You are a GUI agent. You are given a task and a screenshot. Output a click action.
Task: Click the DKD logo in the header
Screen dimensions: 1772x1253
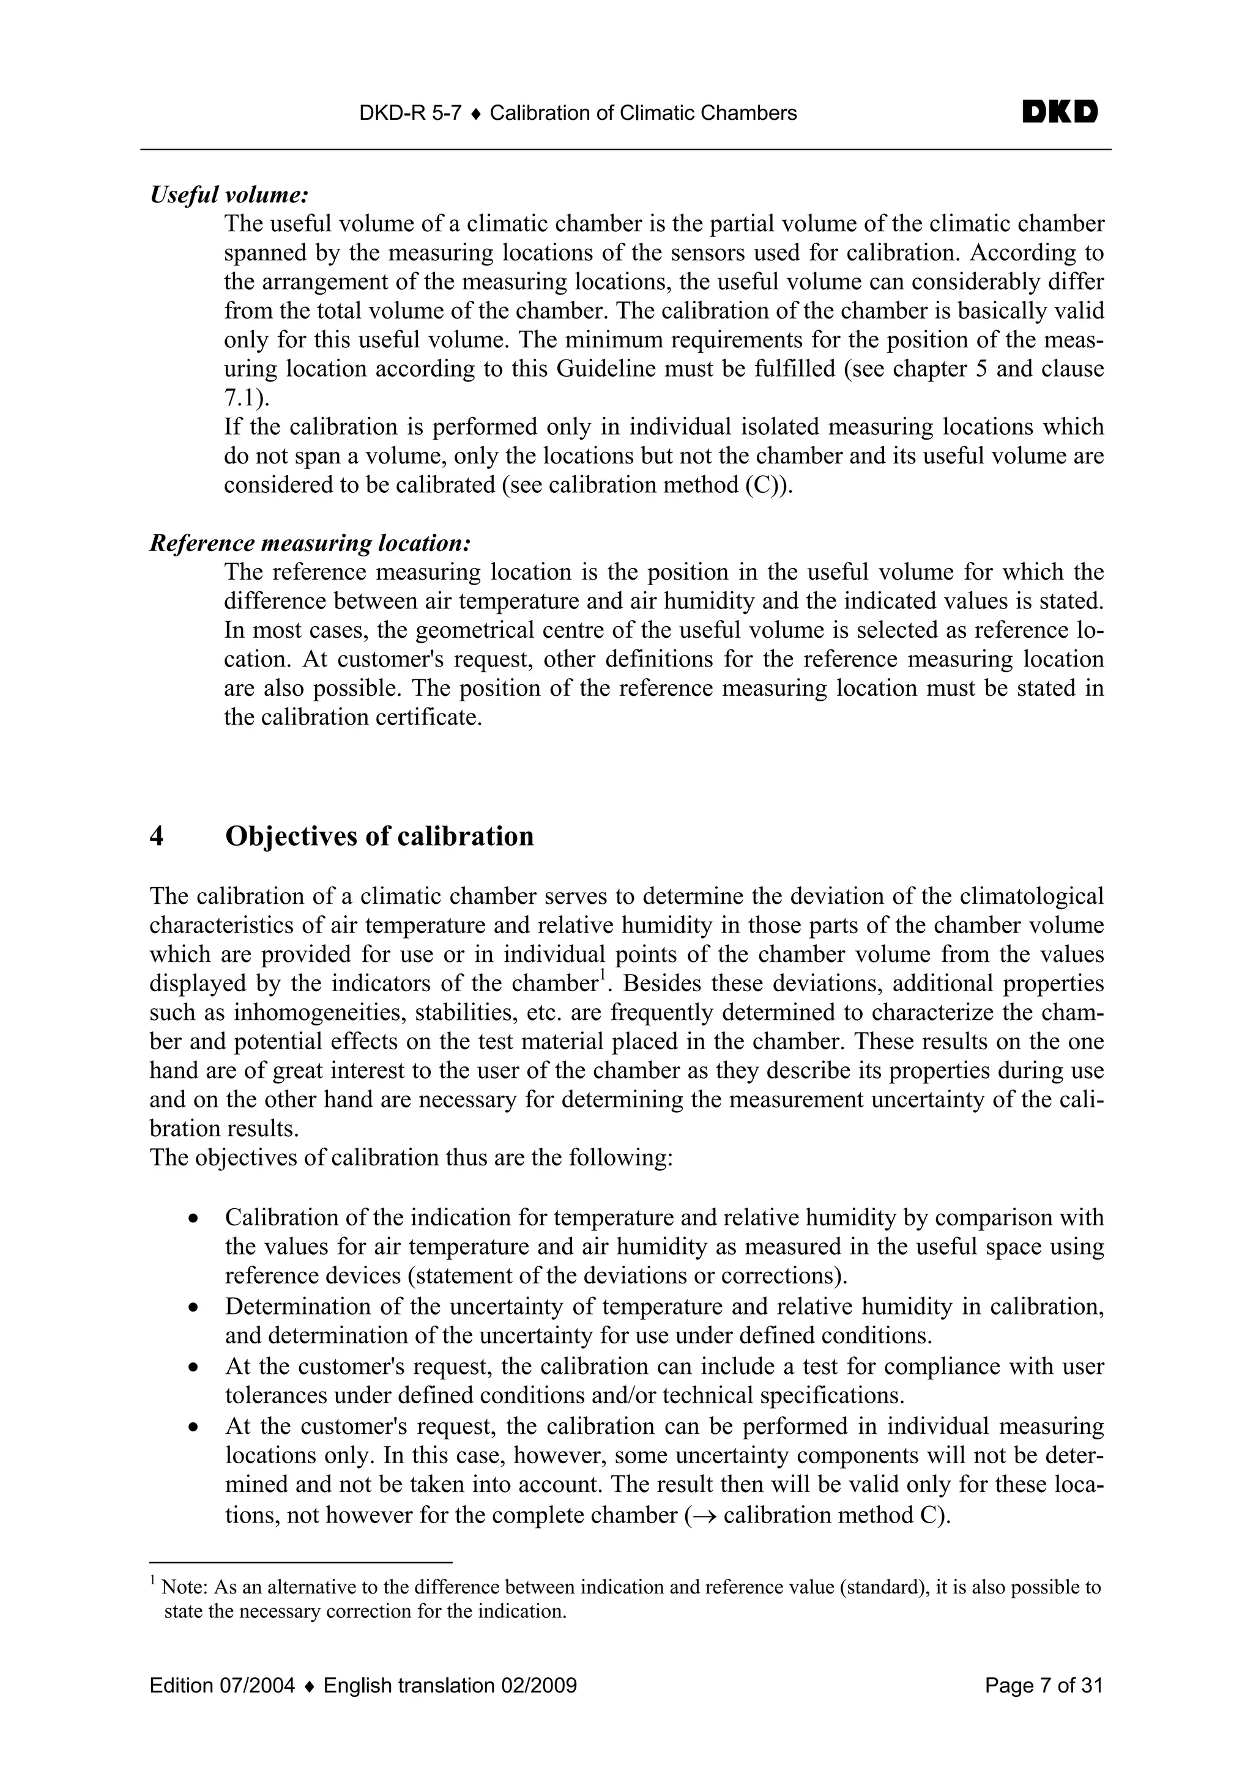tap(1060, 113)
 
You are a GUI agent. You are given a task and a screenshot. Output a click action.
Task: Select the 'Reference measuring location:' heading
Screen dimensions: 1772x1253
tap(310, 544)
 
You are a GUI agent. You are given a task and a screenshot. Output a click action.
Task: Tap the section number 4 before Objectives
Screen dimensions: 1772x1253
tap(157, 836)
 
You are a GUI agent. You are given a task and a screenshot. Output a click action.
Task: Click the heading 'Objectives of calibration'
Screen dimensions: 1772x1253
tap(379, 836)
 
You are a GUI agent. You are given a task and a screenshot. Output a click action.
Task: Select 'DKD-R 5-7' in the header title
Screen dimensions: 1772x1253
tap(410, 114)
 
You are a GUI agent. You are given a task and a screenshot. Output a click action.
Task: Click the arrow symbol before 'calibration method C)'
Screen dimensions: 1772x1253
tap(705, 1515)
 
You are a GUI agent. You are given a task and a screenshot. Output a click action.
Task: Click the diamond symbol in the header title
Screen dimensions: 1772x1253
tap(475, 114)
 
